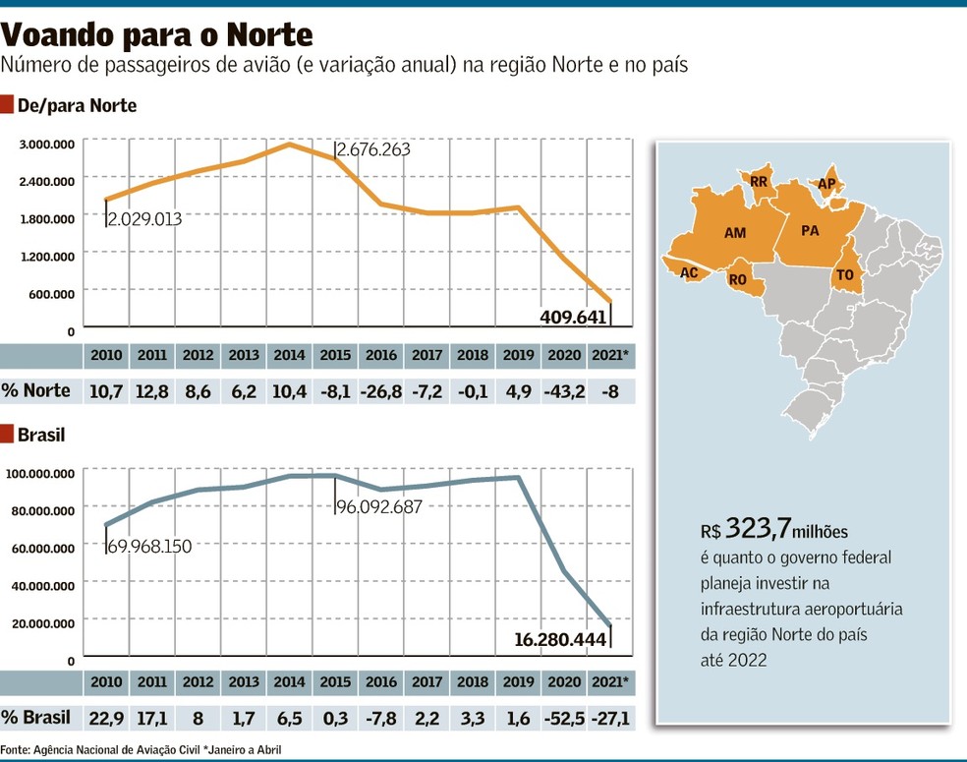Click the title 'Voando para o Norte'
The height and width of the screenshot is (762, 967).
click(156, 34)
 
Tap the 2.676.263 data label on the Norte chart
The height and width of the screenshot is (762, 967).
click(373, 149)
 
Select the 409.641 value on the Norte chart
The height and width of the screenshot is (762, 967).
click(574, 317)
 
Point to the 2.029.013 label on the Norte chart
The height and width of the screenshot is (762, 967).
click(145, 219)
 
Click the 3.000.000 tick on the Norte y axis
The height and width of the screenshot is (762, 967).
click(47, 145)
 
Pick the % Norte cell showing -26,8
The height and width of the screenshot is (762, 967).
click(381, 391)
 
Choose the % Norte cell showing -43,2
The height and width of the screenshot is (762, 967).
click(564, 391)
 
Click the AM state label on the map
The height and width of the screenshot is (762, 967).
click(735, 233)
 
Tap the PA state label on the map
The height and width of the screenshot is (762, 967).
click(810, 231)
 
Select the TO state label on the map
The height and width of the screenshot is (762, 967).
click(845, 274)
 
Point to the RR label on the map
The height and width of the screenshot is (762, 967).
click(759, 181)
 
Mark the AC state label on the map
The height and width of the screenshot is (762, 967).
click(689, 272)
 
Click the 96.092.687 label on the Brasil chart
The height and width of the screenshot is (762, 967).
click(379, 507)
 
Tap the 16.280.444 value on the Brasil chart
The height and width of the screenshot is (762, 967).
click(560, 639)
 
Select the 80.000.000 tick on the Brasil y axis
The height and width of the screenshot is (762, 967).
click(43, 511)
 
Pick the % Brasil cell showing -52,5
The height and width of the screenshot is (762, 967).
click(564, 718)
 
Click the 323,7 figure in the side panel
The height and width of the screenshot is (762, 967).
click(758, 528)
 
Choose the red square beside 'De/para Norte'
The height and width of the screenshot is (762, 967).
click(7, 105)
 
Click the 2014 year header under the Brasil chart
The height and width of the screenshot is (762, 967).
click(289, 681)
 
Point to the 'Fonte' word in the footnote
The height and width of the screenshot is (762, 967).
click(15, 749)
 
